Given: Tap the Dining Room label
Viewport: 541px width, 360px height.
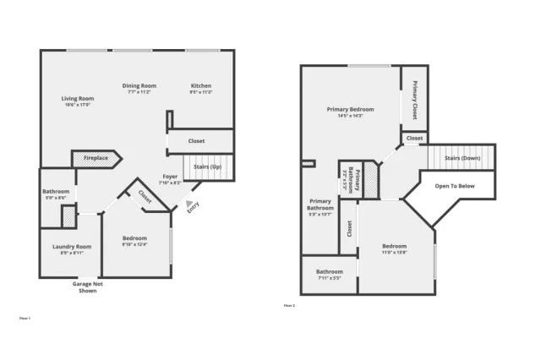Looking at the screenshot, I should pyautogui.click(x=139, y=89).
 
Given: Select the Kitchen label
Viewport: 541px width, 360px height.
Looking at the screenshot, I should pyautogui.click(x=200, y=89).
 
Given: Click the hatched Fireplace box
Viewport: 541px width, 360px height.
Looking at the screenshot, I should pyautogui.click(x=96, y=158).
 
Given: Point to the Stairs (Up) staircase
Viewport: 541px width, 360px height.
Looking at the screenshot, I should pyautogui.click(x=208, y=167).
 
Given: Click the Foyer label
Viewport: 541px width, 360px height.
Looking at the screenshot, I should pyautogui.click(x=170, y=179).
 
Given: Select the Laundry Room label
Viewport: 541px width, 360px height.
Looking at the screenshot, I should pyautogui.click(x=71, y=249).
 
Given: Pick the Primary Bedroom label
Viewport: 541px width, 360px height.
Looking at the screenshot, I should pyautogui.click(x=350, y=112).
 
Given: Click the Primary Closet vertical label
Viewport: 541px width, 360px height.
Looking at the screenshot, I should pyautogui.click(x=414, y=98).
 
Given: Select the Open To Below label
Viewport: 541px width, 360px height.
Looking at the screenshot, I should pyautogui.click(x=455, y=186).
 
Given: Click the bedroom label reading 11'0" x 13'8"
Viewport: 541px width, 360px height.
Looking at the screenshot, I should pyautogui.click(x=394, y=249).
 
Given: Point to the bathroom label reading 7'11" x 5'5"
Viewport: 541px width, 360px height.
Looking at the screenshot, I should pyautogui.click(x=329, y=275).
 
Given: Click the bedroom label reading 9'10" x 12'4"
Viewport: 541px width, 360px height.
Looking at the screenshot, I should pyautogui.click(x=134, y=241).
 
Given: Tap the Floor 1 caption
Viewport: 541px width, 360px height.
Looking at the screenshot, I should pyautogui.click(x=25, y=318).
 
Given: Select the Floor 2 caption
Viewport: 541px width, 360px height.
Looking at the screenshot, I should pyautogui.click(x=289, y=305).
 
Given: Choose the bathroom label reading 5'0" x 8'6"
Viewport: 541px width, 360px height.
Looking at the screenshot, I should pyautogui.click(x=56, y=194).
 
